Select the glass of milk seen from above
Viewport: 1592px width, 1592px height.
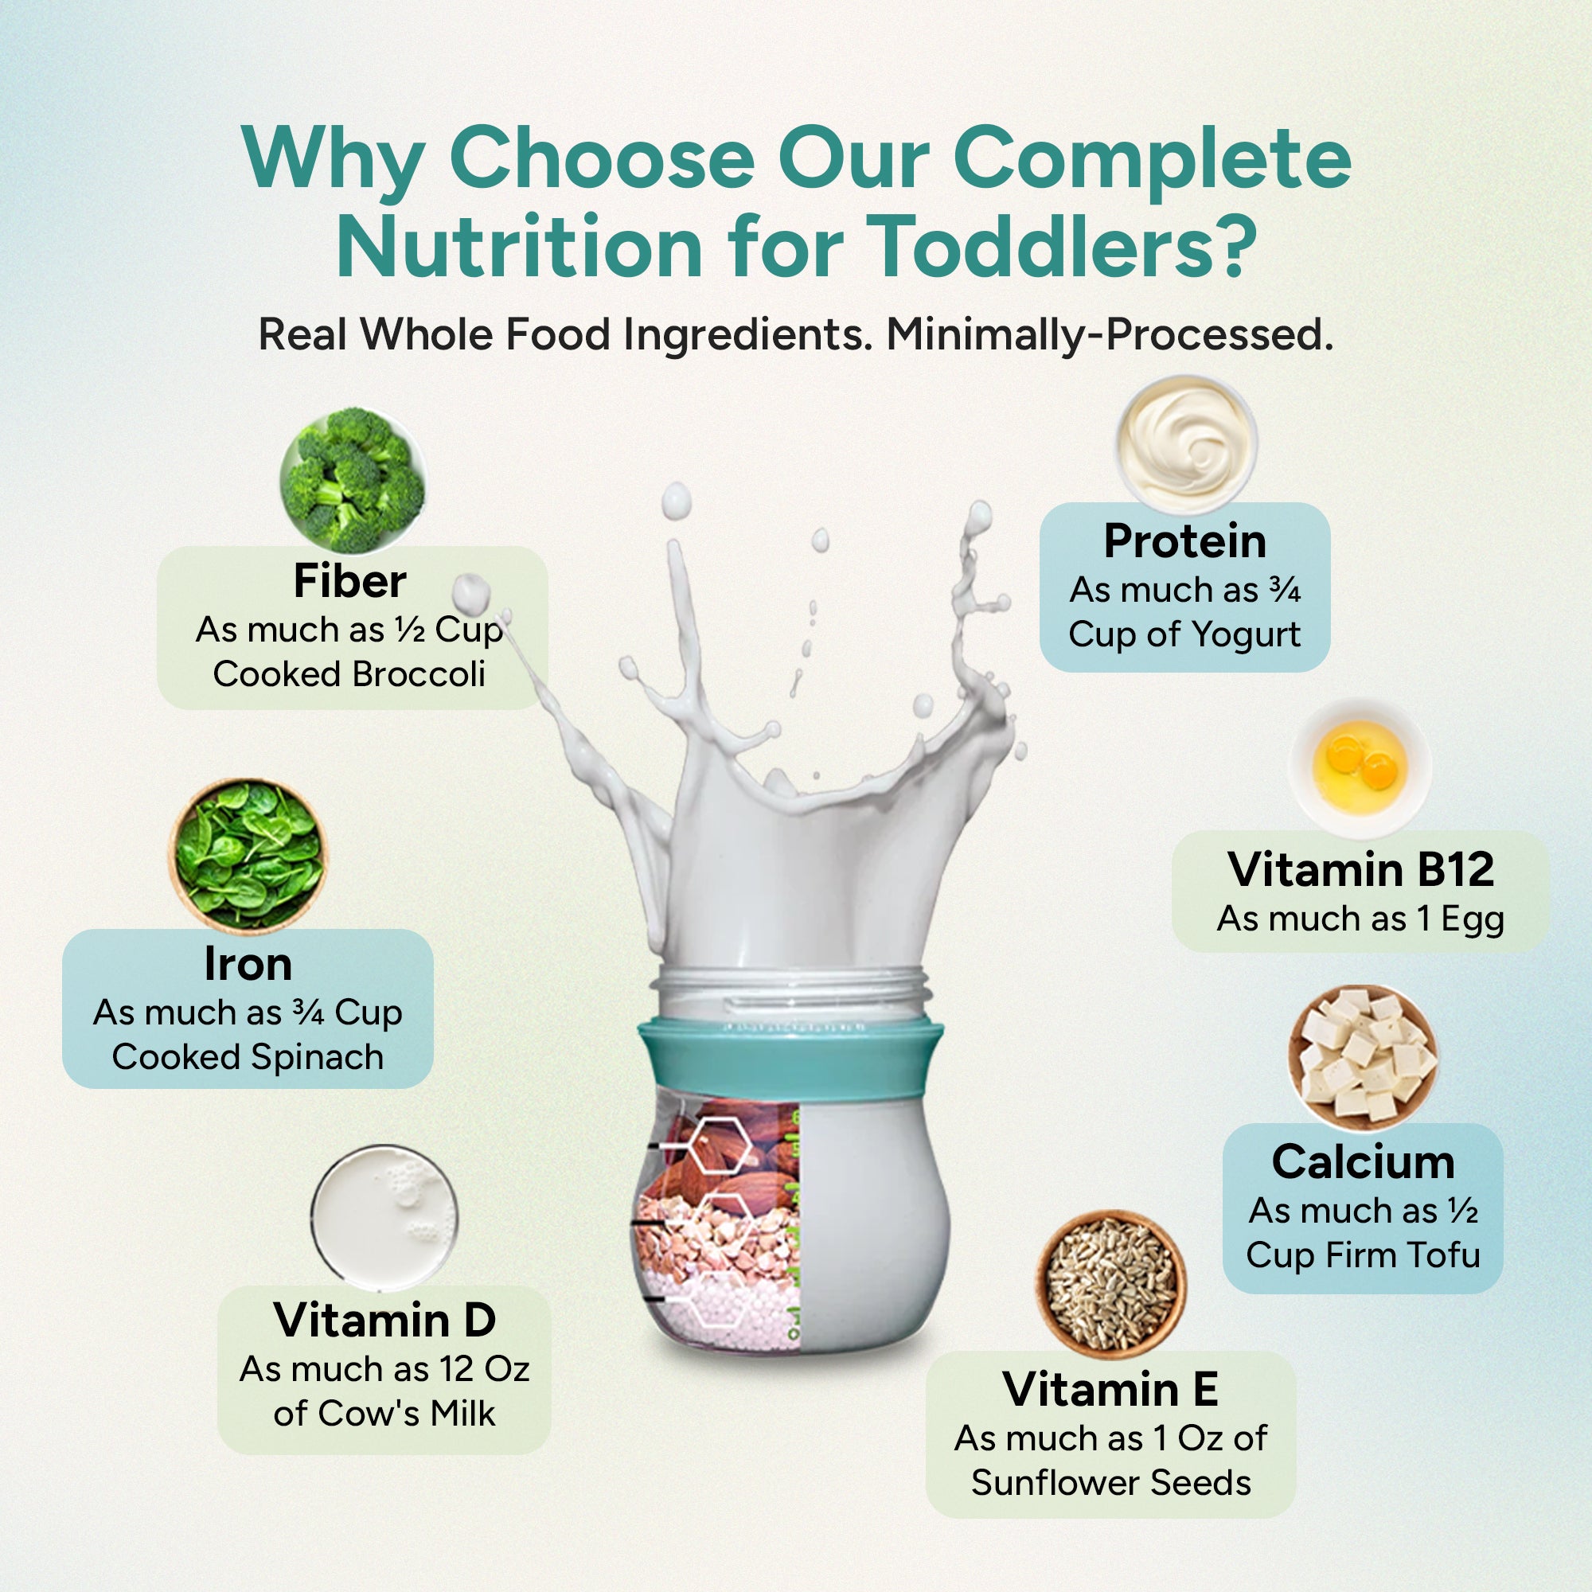click(384, 1217)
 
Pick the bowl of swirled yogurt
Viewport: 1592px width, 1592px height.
click(1187, 444)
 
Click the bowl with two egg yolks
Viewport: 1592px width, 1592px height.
click(1360, 767)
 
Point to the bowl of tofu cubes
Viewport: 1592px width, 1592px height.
click(1363, 1056)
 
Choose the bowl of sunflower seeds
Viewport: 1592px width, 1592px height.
click(1110, 1283)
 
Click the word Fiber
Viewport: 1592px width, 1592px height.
click(350, 582)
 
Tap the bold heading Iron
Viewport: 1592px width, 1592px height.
click(248, 964)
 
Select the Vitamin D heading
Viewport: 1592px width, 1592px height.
click(384, 1320)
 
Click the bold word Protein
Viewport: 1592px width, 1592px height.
click(1185, 541)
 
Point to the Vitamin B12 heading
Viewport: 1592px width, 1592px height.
click(1360, 869)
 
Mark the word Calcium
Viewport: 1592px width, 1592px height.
click(1363, 1162)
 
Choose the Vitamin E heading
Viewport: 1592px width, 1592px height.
click(1110, 1389)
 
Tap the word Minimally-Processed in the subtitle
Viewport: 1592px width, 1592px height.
click(1110, 335)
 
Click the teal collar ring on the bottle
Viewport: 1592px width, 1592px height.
click(790, 1058)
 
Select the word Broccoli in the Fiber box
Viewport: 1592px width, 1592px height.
click(419, 675)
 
